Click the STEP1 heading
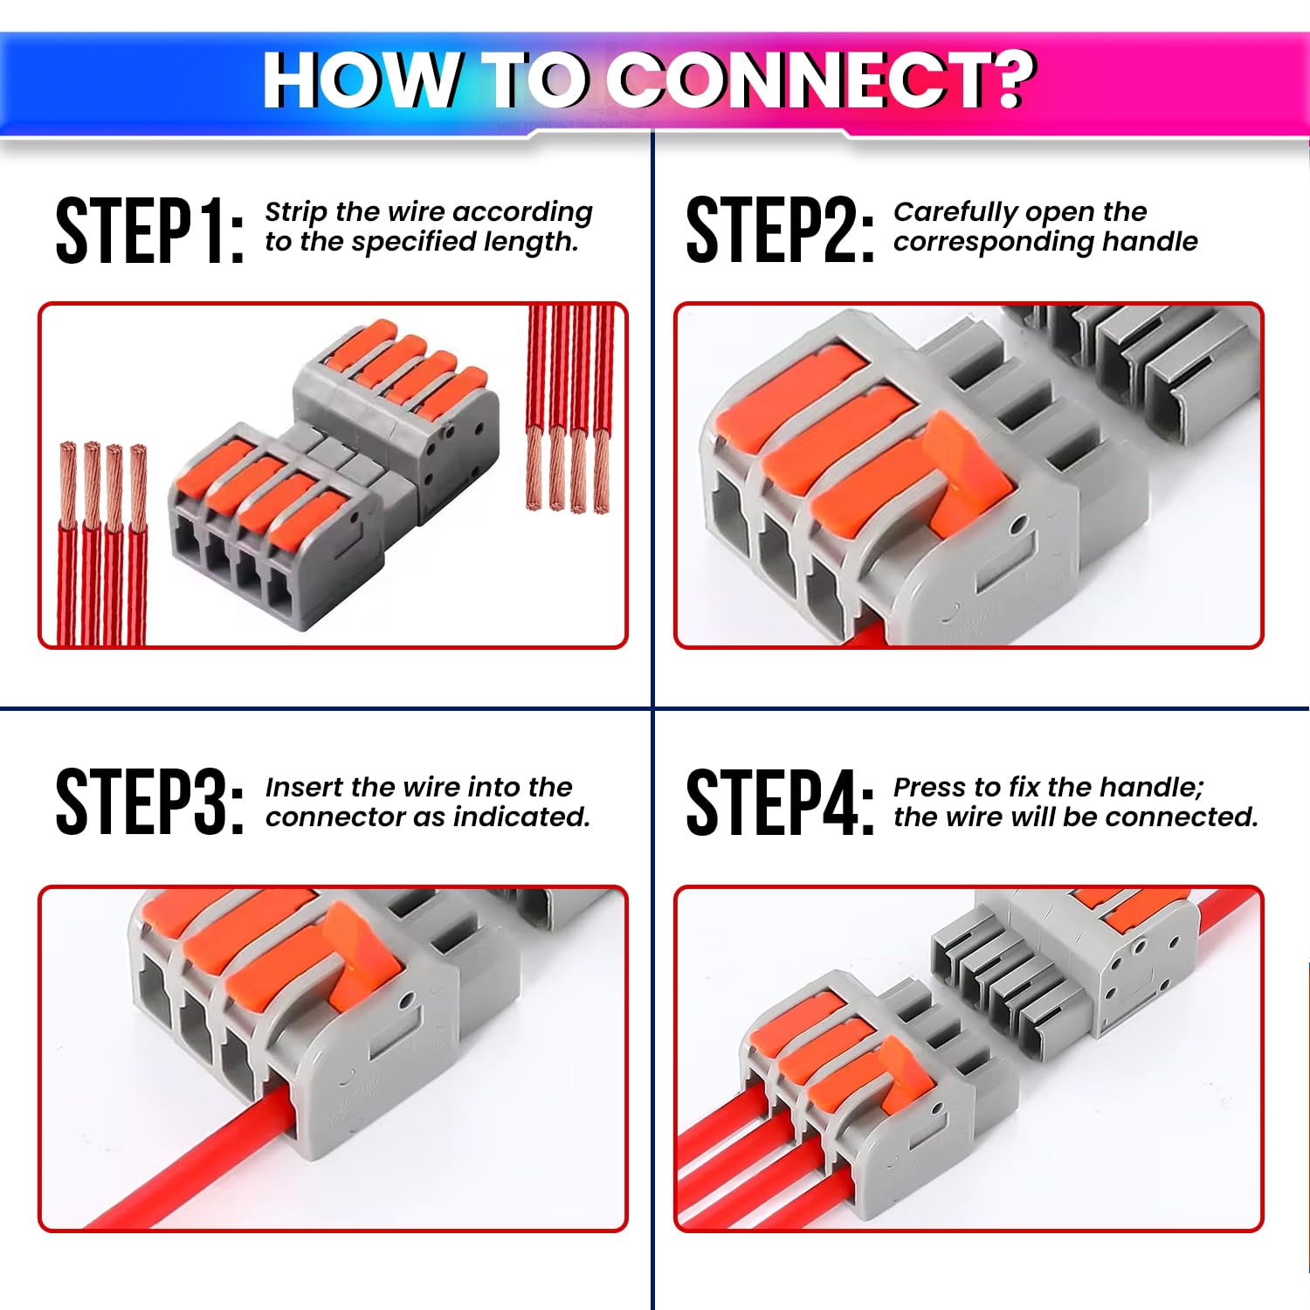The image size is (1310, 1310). pos(148,231)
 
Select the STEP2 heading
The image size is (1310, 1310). pos(779,231)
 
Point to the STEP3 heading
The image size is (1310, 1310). pos(148,802)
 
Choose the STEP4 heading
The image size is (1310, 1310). pos(779,802)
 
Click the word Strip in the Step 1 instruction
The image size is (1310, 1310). pos(296,212)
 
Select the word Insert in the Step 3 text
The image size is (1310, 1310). pos(304,787)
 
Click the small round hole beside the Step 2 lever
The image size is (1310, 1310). pos(1017,527)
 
